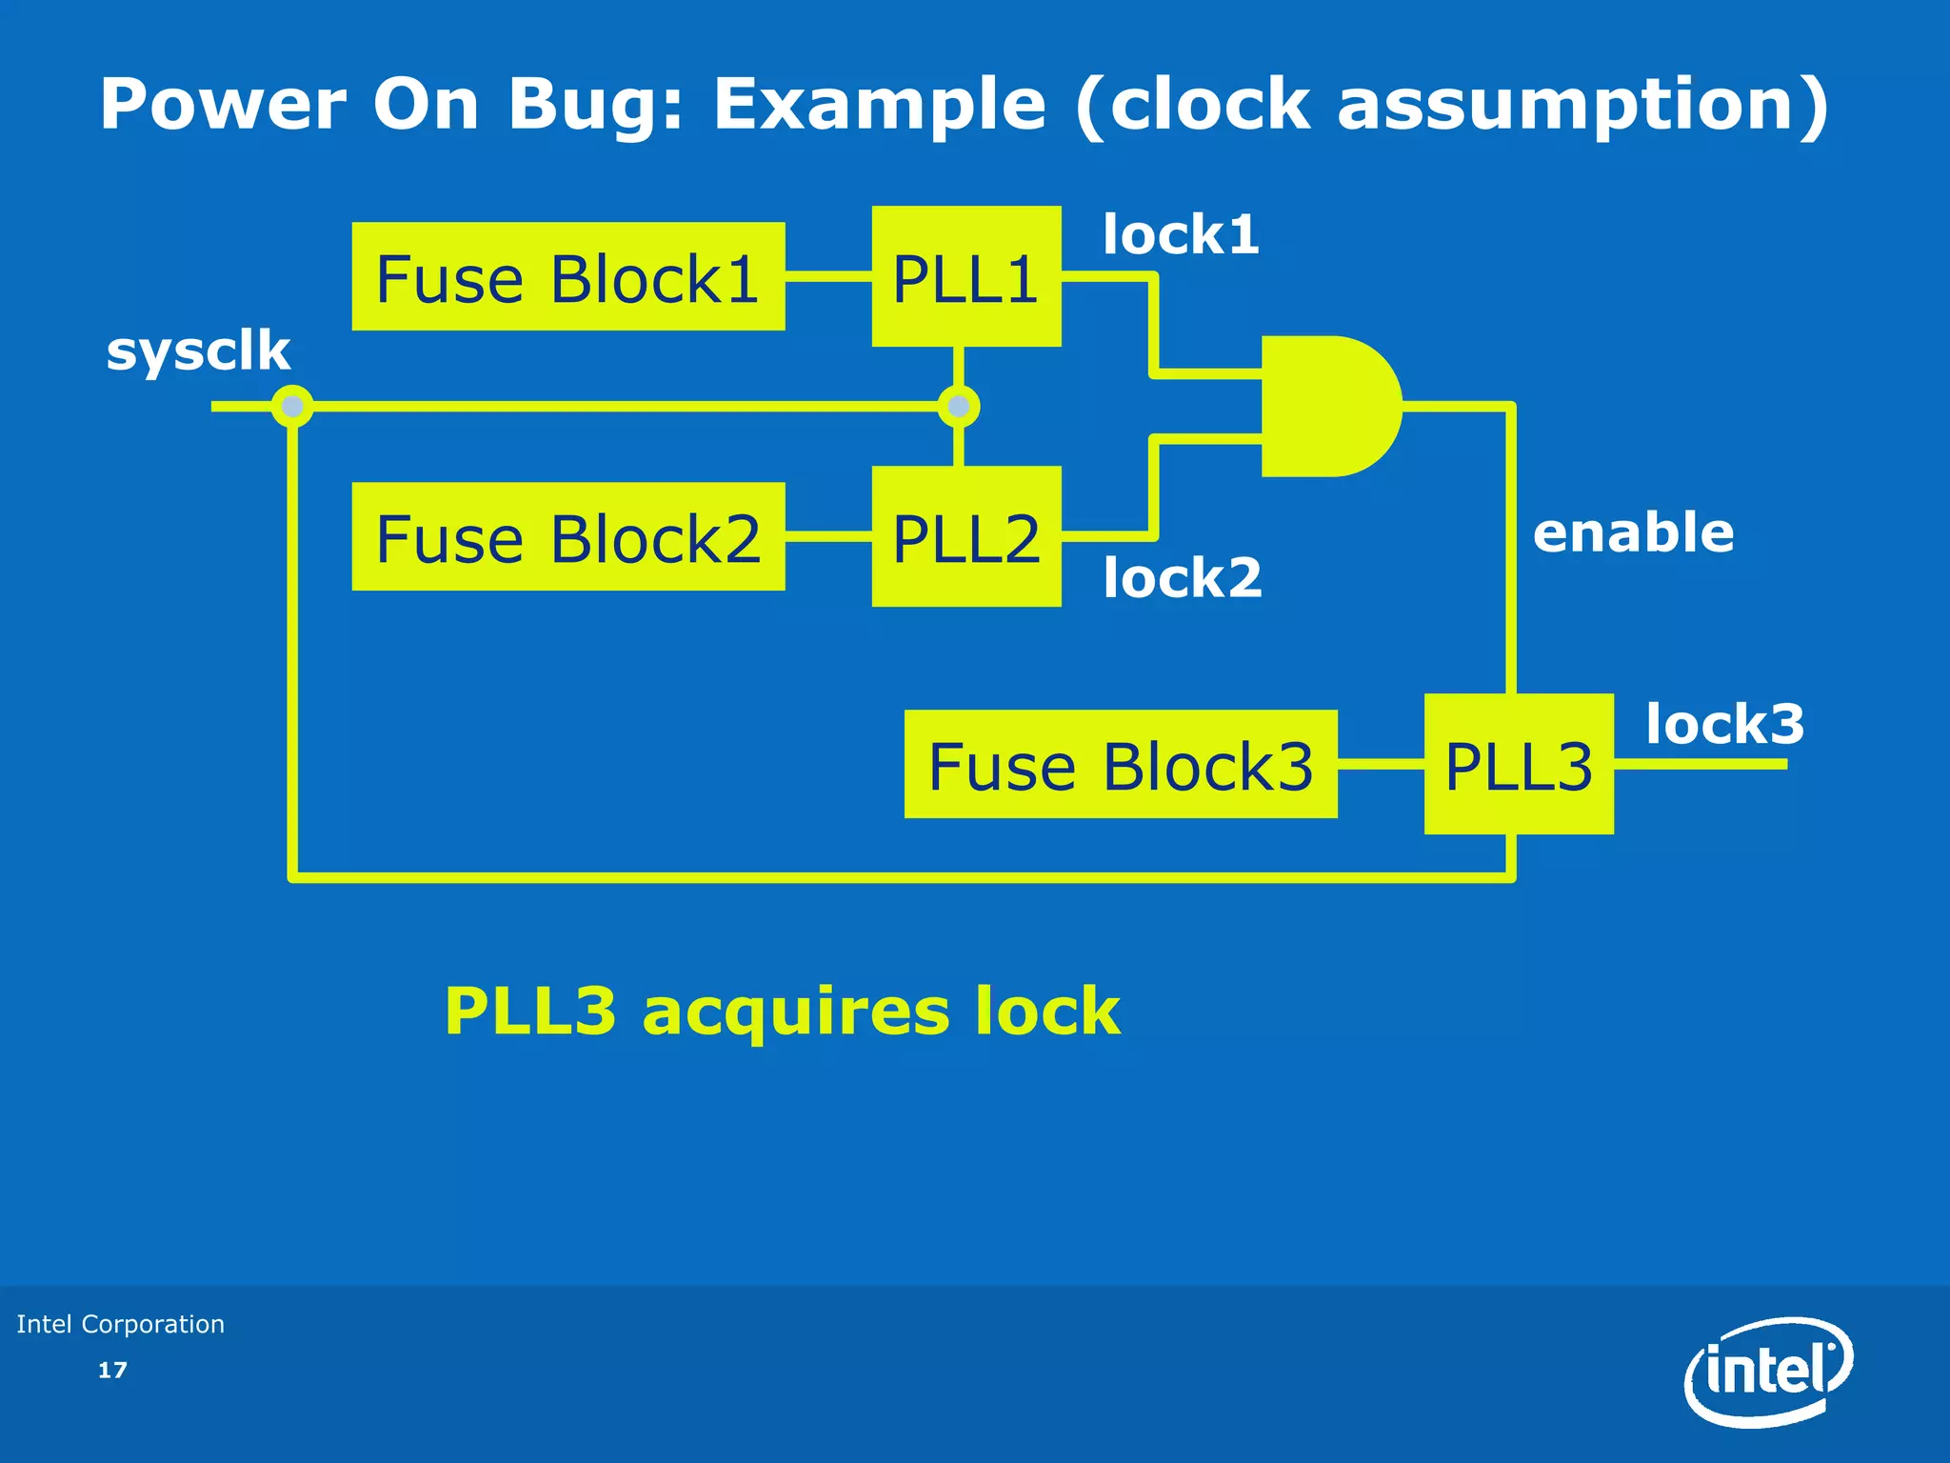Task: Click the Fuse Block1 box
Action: click(568, 277)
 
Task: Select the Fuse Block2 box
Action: click(568, 537)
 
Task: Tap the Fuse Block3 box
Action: click(1121, 765)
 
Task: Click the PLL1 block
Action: click(966, 277)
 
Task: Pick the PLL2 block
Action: click(966, 537)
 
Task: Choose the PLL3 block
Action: click(1519, 765)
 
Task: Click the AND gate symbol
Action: click(1328, 407)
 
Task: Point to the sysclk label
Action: click(198, 351)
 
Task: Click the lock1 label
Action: click(1181, 234)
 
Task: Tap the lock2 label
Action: click(1183, 577)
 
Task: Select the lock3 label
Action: click(1724, 724)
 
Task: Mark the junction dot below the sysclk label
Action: click(292, 407)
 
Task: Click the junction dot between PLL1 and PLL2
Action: click(959, 407)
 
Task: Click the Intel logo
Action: click(1768, 1372)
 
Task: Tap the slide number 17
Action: click(112, 1371)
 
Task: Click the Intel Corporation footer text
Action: click(121, 1324)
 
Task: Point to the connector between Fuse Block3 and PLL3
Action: click(1381, 764)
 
